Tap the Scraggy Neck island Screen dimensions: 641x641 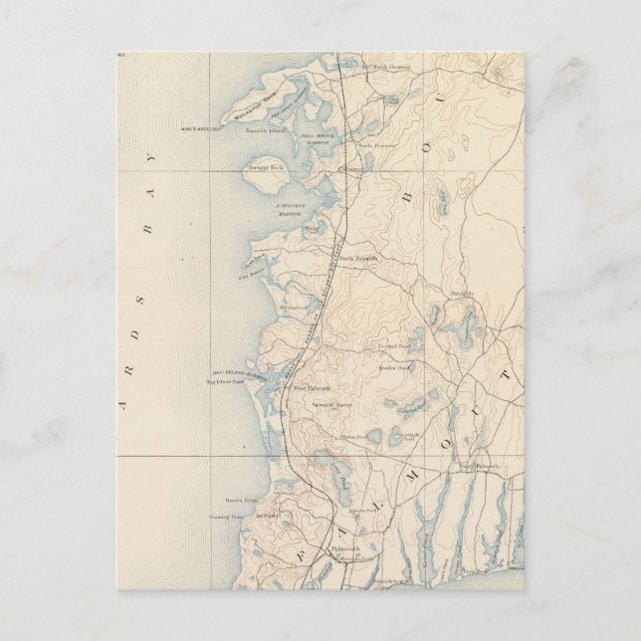click(x=265, y=168)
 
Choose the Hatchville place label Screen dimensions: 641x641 click(x=461, y=294)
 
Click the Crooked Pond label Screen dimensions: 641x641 click(x=391, y=345)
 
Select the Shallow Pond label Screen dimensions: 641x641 click(x=392, y=367)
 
